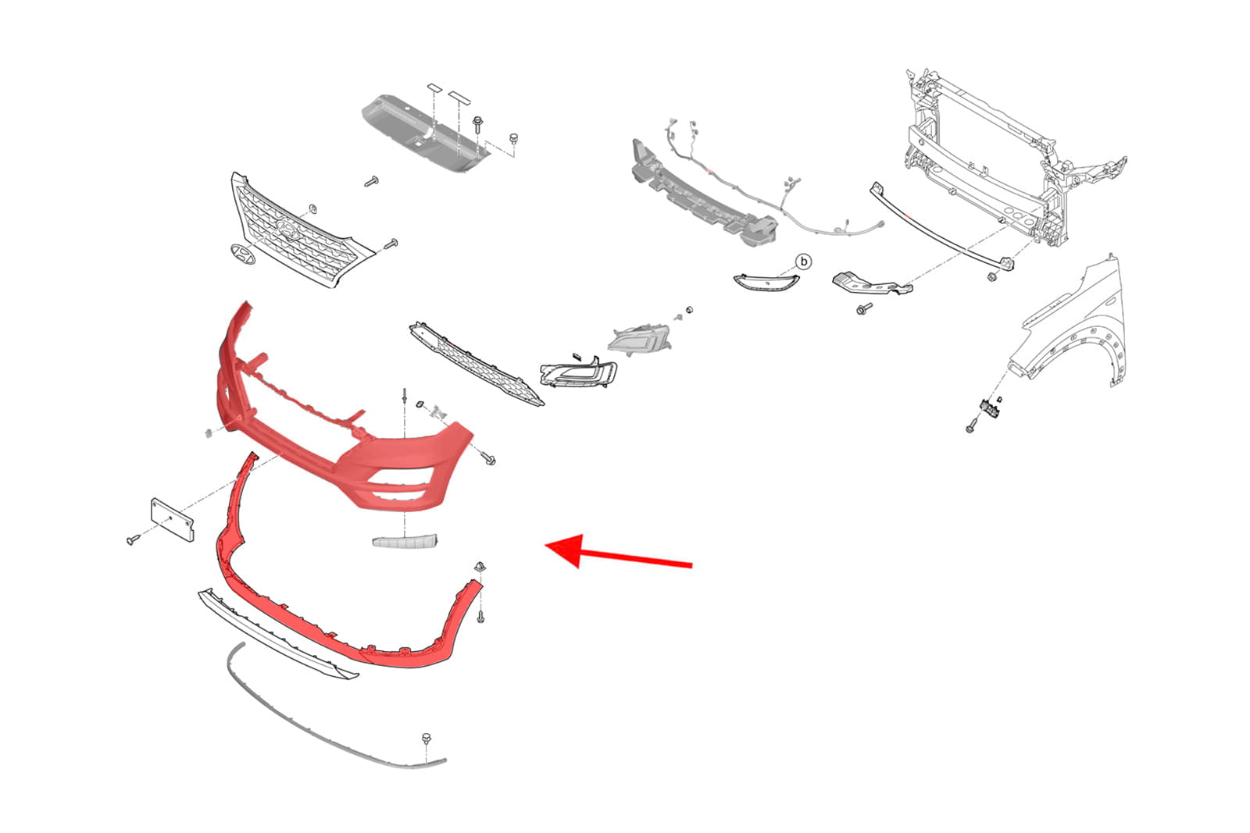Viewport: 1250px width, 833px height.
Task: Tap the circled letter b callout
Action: tap(804, 262)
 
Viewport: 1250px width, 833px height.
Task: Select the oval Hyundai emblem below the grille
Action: tap(243, 255)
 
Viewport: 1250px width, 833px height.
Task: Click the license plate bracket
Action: tap(173, 520)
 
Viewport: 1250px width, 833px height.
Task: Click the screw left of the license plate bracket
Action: tap(134, 539)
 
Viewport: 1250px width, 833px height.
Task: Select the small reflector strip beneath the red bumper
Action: tap(405, 541)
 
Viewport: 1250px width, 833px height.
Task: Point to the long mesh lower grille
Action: tap(476, 364)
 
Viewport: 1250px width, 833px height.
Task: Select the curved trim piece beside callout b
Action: tap(766, 282)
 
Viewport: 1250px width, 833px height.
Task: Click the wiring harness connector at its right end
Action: tap(880, 224)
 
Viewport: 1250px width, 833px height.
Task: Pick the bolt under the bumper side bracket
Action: tap(864, 308)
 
